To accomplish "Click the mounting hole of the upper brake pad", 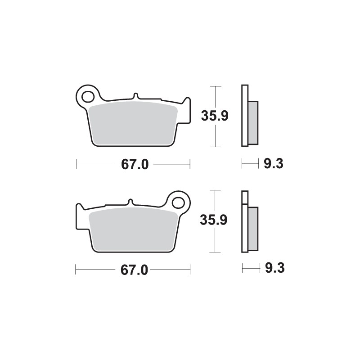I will (86, 96).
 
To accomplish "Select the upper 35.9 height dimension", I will (215, 116).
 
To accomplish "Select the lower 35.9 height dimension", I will (215, 220).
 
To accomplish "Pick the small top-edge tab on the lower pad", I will (130, 202).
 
